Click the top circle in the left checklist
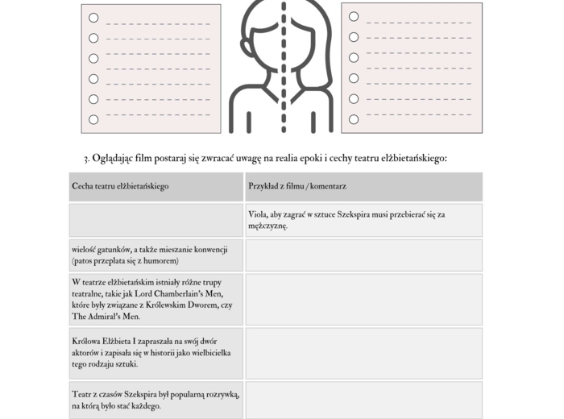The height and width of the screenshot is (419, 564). [93, 18]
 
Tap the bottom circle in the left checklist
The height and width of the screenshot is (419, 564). [93, 119]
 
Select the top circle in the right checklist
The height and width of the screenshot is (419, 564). [354, 16]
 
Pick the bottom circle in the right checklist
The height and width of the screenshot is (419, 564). [354, 119]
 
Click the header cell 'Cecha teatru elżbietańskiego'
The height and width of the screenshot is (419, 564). [120, 186]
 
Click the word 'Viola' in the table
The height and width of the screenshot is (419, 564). [259, 214]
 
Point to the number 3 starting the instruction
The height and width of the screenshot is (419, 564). [85, 159]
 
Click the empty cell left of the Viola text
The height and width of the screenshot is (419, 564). [156, 220]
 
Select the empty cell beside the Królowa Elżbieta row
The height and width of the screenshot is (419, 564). [363, 352]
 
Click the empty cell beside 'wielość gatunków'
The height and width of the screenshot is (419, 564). [363, 255]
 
